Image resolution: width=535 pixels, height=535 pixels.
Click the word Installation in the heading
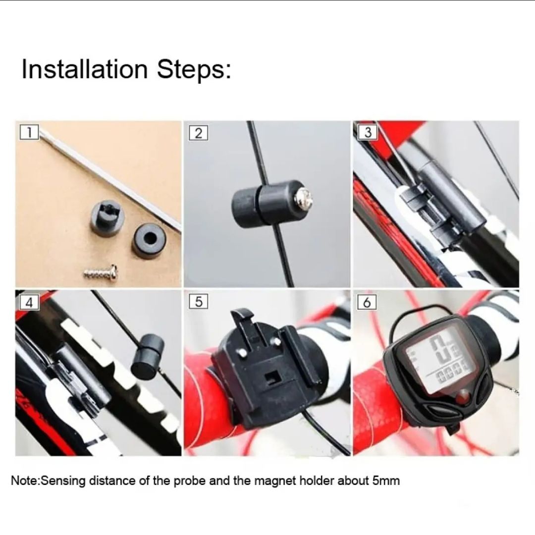click(x=85, y=69)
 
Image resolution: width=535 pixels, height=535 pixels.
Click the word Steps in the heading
click(x=194, y=70)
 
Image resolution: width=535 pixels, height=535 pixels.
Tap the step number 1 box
click(x=30, y=133)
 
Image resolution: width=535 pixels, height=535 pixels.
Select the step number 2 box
click(x=198, y=133)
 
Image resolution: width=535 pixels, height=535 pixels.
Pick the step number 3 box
click(x=367, y=133)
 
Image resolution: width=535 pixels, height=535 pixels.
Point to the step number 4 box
click(x=30, y=302)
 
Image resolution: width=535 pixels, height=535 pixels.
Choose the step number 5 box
click(x=198, y=302)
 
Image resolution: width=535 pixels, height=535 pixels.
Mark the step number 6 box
click(x=367, y=302)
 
